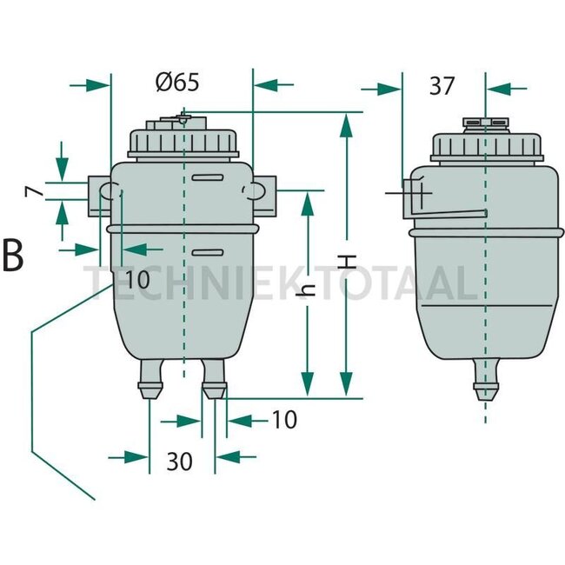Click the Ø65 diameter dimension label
(177, 83)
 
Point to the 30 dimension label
(179, 461)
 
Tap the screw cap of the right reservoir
(484, 145)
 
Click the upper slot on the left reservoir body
(208, 178)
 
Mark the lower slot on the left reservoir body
(208, 253)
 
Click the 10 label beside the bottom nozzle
(283, 421)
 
